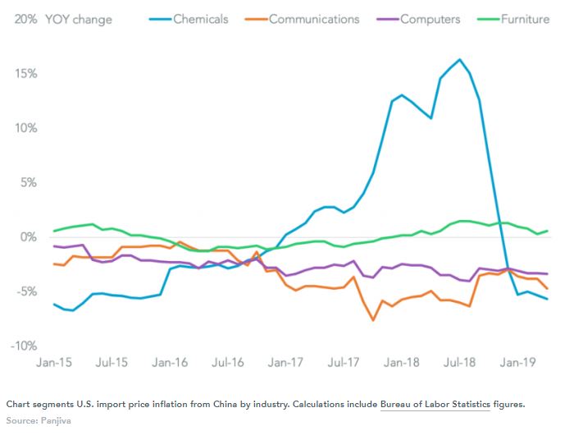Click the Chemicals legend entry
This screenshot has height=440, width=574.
(x=200, y=19)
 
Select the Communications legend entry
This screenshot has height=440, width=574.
(x=314, y=19)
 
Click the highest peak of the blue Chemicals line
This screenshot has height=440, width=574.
(x=459, y=59)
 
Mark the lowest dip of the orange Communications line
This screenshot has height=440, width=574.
(x=373, y=320)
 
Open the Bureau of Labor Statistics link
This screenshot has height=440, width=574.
(x=435, y=404)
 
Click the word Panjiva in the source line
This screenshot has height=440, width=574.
(x=55, y=419)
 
